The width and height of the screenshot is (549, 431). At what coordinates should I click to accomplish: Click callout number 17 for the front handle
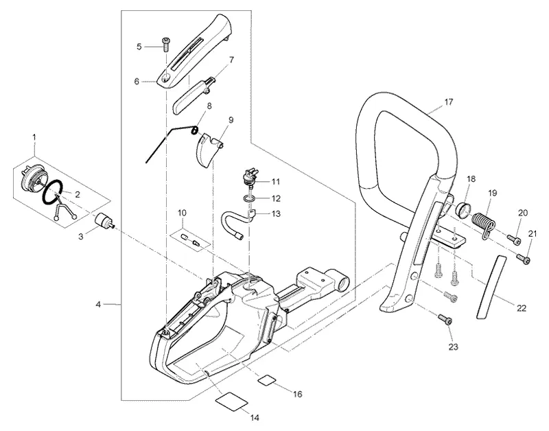coord(449,102)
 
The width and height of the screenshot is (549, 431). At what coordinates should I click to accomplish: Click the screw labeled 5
coord(165,44)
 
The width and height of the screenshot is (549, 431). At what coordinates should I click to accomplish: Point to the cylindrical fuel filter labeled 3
coord(105,221)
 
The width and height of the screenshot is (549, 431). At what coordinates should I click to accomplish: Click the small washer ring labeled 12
coord(248,199)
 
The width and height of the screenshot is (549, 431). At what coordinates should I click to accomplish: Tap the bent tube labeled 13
coord(238,222)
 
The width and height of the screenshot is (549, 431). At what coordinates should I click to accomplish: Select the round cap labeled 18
coord(463,210)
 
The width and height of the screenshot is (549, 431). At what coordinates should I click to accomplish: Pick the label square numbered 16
coord(268,380)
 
